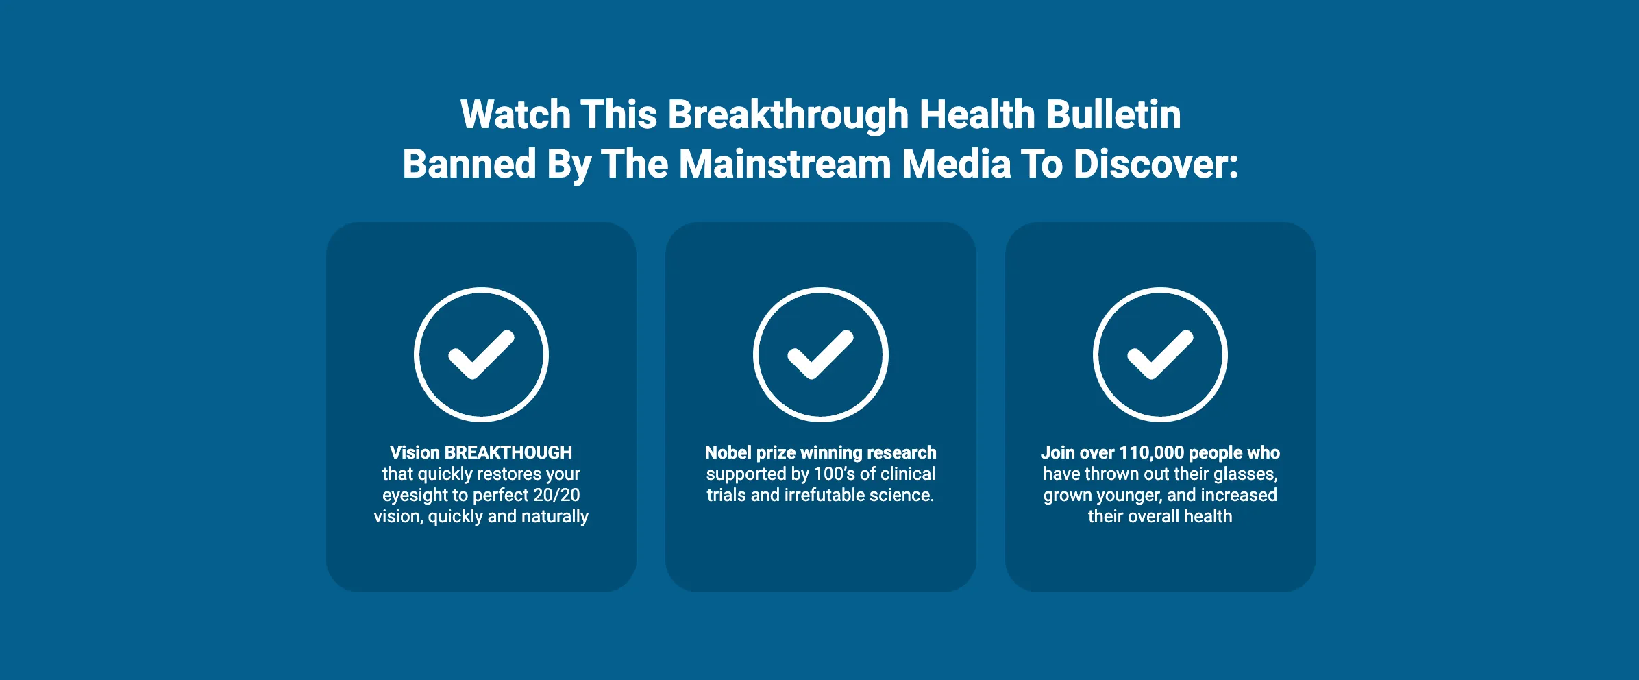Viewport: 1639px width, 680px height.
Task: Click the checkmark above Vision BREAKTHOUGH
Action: pyautogui.click(x=481, y=354)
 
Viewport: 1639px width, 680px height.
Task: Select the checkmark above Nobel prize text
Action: pyautogui.click(x=820, y=354)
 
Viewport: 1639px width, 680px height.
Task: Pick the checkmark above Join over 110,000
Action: pyautogui.click(x=1160, y=354)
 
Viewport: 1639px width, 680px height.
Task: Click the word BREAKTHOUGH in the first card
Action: pyautogui.click(x=508, y=452)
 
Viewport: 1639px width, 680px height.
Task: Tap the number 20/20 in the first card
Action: pyautogui.click(x=556, y=495)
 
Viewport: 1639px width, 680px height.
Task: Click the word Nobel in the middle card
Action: pyautogui.click(x=726, y=452)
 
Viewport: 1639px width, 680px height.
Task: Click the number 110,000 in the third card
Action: pyautogui.click(x=1151, y=453)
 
